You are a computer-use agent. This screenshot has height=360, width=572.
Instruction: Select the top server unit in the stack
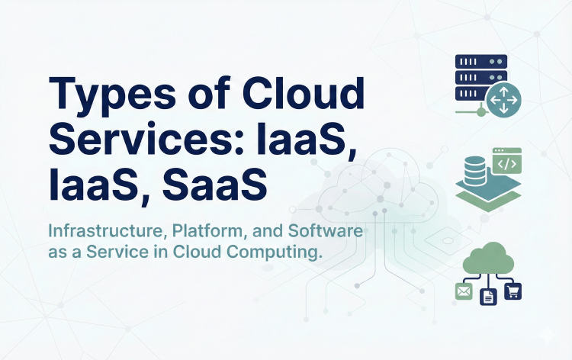point(477,62)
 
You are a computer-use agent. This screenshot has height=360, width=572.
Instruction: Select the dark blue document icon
point(488,294)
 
